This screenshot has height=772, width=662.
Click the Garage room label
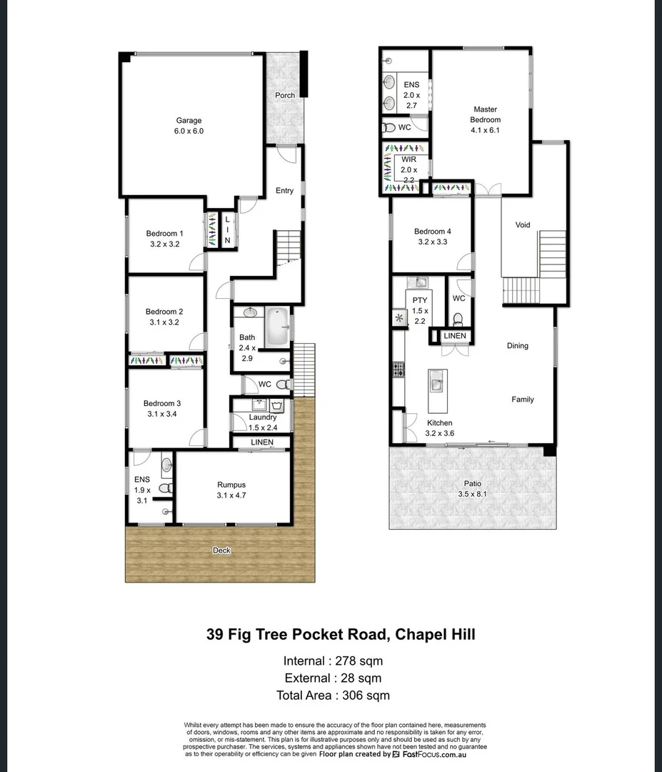click(x=189, y=121)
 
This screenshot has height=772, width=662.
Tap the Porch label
click(x=285, y=96)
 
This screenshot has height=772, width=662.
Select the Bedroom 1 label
click(x=164, y=234)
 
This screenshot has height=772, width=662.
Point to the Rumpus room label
click(x=231, y=485)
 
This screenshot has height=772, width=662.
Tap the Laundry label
click(x=262, y=417)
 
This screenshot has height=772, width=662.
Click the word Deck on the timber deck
click(x=221, y=550)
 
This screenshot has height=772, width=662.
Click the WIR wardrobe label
click(x=408, y=159)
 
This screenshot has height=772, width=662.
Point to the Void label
click(x=523, y=225)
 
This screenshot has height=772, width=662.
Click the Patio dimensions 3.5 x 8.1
click(x=472, y=494)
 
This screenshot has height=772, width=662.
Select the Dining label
click(x=518, y=346)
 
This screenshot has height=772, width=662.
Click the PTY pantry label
click(x=419, y=301)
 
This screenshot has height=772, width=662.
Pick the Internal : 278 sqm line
click(x=333, y=660)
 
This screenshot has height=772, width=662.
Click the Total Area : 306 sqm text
click(x=333, y=695)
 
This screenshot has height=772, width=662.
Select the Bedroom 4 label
click(x=433, y=232)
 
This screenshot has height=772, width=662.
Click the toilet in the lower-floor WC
click(x=283, y=385)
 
